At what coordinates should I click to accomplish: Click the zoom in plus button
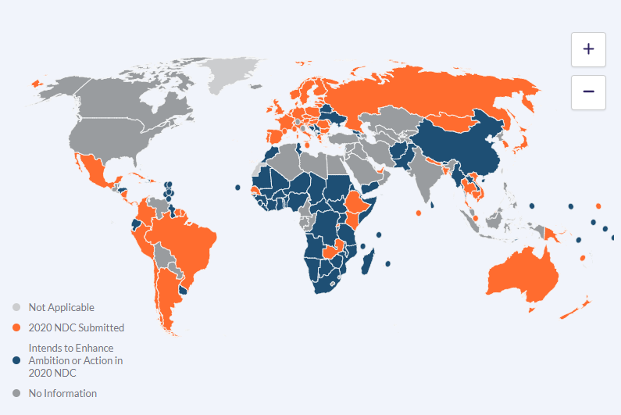click(588, 49)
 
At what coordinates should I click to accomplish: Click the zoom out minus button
click(588, 92)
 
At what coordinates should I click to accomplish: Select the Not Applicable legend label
click(61, 307)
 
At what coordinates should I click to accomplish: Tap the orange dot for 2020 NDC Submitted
click(16, 327)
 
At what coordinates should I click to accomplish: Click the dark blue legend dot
click(16, 360)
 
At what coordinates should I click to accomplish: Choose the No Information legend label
click(62, 393)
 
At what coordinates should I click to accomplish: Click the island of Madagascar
click(367, 258)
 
